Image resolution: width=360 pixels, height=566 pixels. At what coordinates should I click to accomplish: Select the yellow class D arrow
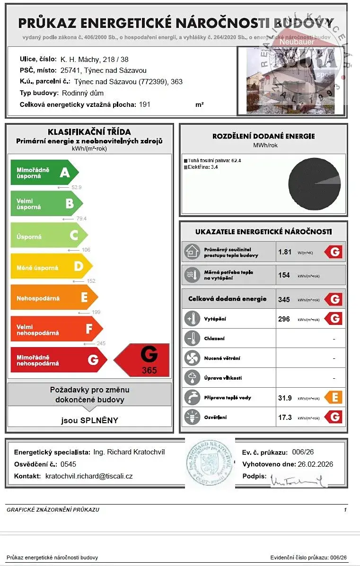pyautogui.click(x=51, y=267)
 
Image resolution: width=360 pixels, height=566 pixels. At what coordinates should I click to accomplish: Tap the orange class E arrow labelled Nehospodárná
pyautogui.click(x=53, y=298)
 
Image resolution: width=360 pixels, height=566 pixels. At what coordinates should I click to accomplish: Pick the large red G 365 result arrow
pyautogui.click(x=143, y=360)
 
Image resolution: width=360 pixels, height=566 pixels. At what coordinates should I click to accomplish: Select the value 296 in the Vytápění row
pyautogui.click(x=284, y=319)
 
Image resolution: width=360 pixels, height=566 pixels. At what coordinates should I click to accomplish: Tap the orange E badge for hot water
pyautogui.click(x=333, y=398)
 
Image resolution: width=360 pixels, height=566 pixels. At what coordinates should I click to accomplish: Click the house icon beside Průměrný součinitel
pyautogui.click(x=192, y=252)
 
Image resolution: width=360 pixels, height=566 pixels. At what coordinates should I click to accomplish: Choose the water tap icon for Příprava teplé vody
pyautogui.click(x=192, y=398)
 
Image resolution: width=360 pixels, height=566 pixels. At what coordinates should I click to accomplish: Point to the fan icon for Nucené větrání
pyautogui.click(x=192, y=358)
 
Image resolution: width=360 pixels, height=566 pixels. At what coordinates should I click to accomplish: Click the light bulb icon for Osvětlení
pyautogui.click(x=192, y=418)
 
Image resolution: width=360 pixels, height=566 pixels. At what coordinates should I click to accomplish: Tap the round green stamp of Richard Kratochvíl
pyautogui.click(x=210, y=462)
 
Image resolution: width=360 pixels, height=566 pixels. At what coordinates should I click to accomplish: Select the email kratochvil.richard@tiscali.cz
pyautogui.click(x=89, y=476)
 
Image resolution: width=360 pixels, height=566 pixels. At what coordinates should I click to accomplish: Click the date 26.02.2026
pyautogui.click(x=315, y=464)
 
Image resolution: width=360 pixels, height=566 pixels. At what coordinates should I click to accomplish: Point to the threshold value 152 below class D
pyautogui.click(x=91, y=281)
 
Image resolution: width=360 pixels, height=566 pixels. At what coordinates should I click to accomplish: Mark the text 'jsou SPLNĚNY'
pyautogui.click(x=90, y=420)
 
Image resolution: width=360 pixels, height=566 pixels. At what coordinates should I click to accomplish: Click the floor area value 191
pyautogui.click(x=145, y=104)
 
